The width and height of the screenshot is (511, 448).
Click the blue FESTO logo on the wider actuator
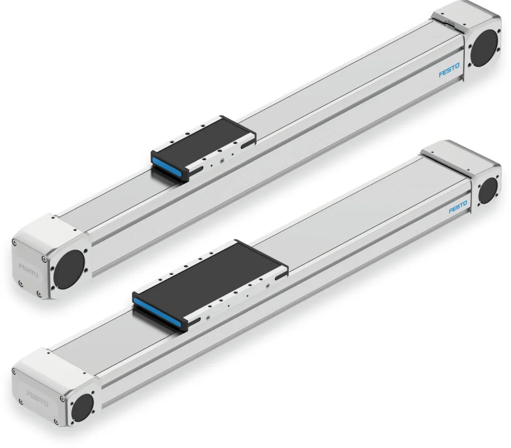pyautogui.click(x=458, y=207)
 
